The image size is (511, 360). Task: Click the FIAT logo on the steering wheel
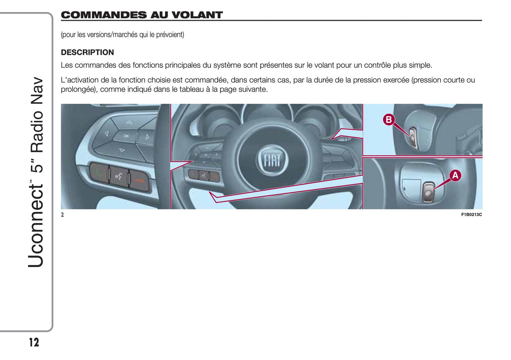tap(272, 160)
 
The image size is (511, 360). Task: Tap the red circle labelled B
tap(389, 120)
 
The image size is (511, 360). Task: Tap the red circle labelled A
tap(455, 176)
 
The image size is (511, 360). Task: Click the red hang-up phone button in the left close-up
tap(139, 180)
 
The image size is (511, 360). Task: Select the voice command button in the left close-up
tap(118, 176)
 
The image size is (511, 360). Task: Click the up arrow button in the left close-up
tap(129, 123)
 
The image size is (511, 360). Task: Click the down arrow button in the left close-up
tap(122, 150)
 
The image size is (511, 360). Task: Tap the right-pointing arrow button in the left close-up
tap(147, 137)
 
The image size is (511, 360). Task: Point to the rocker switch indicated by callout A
tap(428, 192)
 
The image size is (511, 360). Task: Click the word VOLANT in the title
tap(197, 15)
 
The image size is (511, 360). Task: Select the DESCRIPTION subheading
tap(87, 52)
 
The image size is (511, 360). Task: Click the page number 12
tap(34, 342)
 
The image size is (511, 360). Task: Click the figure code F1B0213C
tap(471, 215)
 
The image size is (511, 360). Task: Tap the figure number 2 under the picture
tap(62, 215)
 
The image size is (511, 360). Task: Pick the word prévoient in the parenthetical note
tap(170, 35)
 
